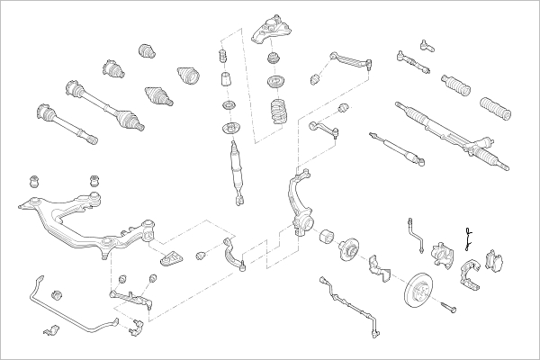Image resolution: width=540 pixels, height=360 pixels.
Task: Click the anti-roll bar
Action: tap(72, 306)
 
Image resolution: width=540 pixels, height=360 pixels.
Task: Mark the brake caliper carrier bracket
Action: tap(469, 274)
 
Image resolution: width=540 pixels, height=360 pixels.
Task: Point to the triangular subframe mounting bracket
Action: tap(172, 259)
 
